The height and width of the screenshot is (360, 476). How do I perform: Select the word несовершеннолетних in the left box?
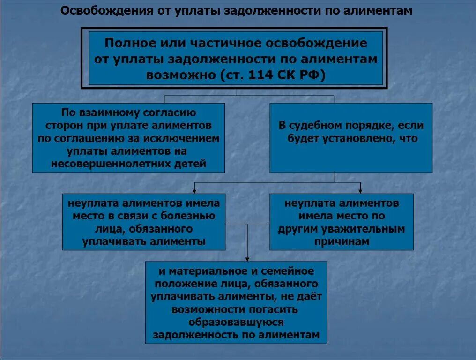click(x=108, y=164)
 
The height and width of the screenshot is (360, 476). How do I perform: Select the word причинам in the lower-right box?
click(x=342, y=242)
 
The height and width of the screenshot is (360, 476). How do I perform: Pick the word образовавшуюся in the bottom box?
click(x=236, y=322)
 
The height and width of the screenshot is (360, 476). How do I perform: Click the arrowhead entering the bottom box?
click(x=247, y=259)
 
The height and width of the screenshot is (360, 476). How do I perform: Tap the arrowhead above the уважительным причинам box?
click(x=360, y=190)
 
